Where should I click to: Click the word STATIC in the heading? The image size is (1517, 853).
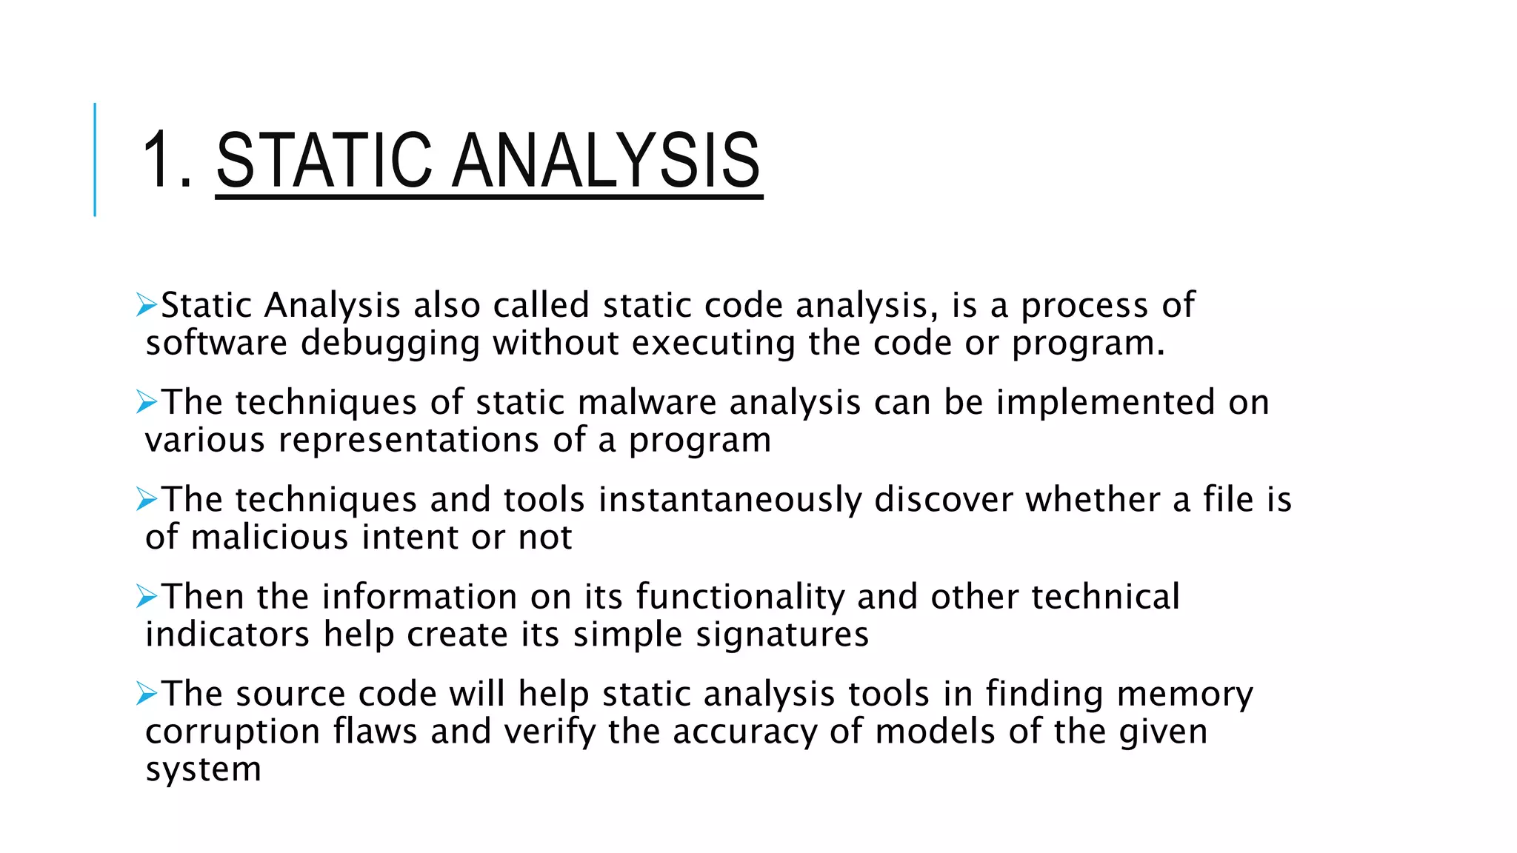(x=324, y=160)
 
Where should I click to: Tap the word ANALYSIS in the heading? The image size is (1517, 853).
(x=607, y=160)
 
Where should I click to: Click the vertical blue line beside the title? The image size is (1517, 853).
(x=95, y=160)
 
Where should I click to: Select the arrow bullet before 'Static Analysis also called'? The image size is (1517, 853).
(x=147, y=305)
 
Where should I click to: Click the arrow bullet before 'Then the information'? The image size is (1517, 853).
(x=147, y=596)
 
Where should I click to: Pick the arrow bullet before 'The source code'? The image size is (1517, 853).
(x=147, y=694)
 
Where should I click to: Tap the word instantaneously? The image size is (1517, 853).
(x=730, y=499)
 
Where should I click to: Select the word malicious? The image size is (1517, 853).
(x=270, y=537)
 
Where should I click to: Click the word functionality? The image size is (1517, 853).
(x=740, y=597)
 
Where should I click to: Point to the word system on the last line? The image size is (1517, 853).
(x=204, y=769)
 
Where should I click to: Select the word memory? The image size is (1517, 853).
(x=1184, y=695)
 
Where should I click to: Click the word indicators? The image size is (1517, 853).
(x=227, y=635)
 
